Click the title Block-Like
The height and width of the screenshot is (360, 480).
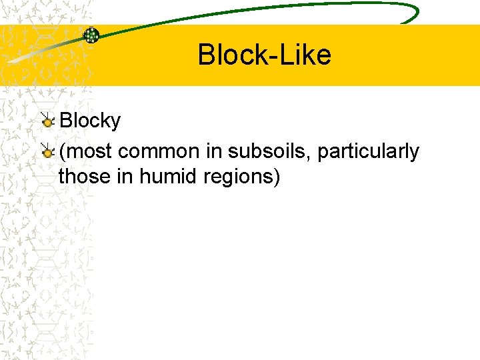(264, 55)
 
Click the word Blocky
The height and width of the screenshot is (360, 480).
(90, 121)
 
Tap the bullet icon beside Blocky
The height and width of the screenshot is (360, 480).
(47, 121)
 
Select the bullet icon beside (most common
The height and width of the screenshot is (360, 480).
(47, 152)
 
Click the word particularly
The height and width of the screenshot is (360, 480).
(368, 152)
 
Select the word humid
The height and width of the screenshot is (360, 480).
(163, 177)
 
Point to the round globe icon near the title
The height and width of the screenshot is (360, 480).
(91, 35)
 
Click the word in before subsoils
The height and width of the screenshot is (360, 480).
(213, 152)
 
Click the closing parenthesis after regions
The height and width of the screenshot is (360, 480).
(277, 178)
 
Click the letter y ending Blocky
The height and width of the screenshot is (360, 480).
(115, 122)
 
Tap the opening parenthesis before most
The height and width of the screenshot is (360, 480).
(62, 152)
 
